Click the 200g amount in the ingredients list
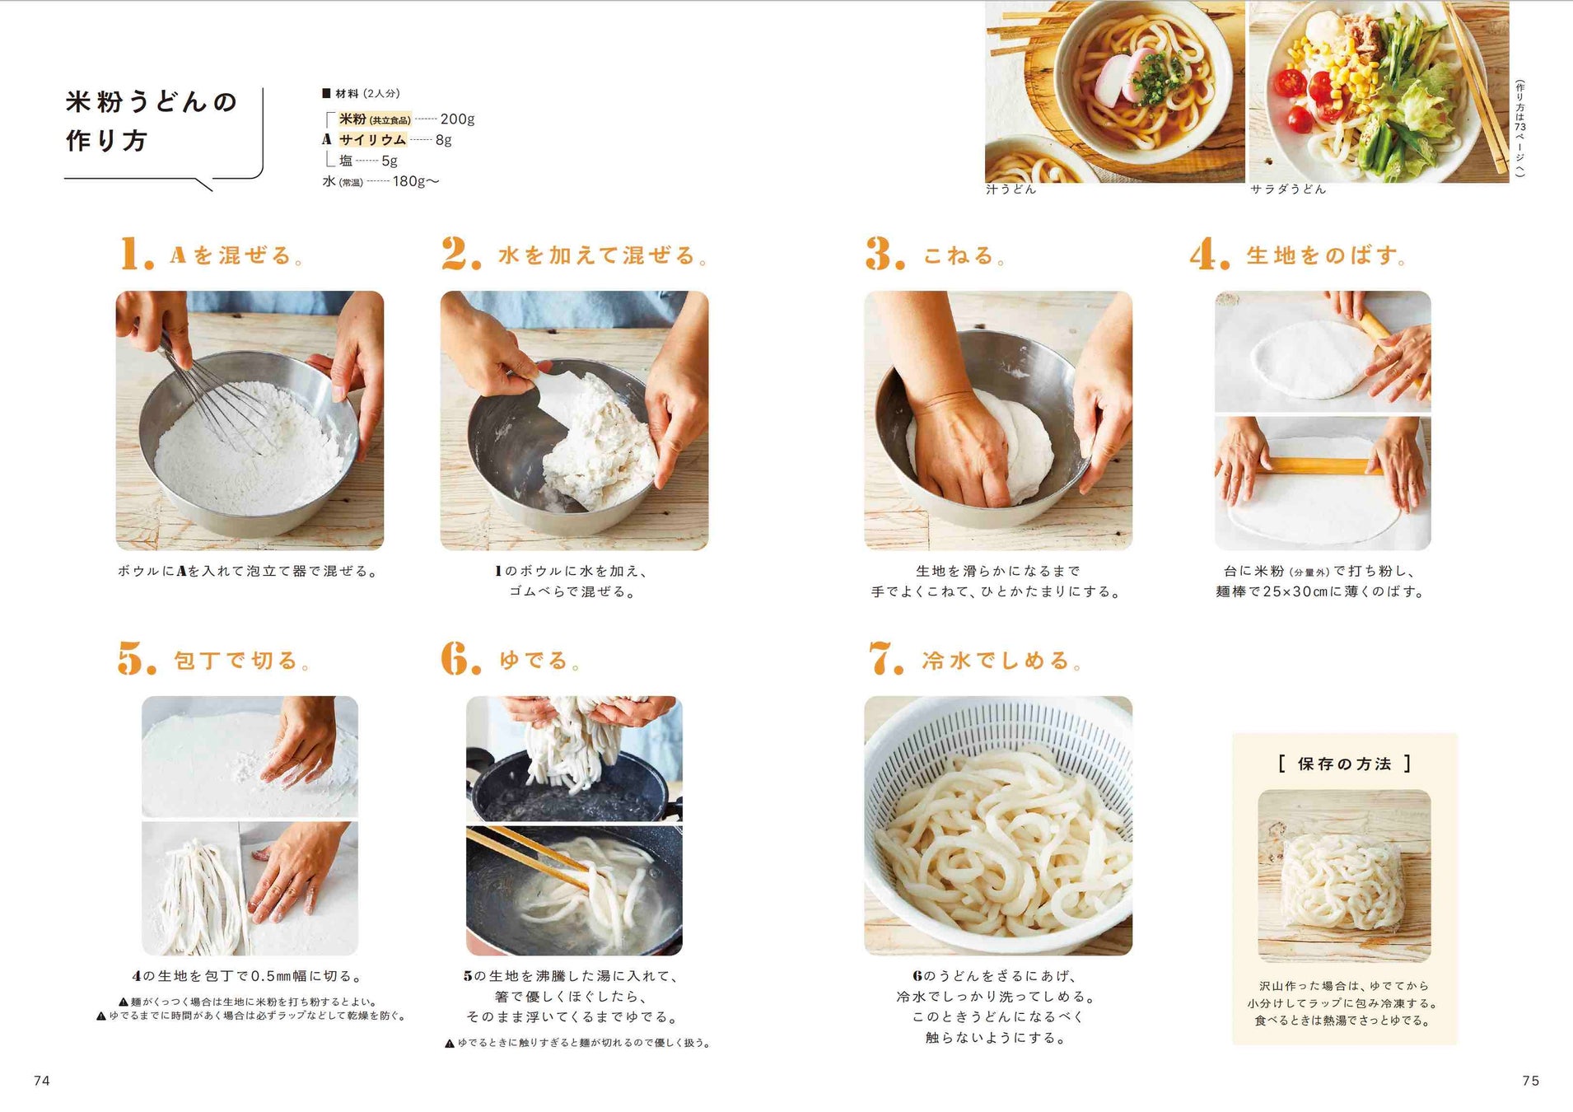(x=457, y=119)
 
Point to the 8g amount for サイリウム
(x=443, y=140)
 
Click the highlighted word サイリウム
(x=372, y=140)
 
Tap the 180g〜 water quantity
(x=416, y=181)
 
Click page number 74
(x=42, y=1081)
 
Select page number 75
(x=1530, y=1081)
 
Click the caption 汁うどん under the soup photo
(x=1011, y=189)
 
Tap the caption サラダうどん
(x=1288, y=189)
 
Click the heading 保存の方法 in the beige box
(x=1344, y=764)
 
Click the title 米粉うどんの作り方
(x=151, y=121)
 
